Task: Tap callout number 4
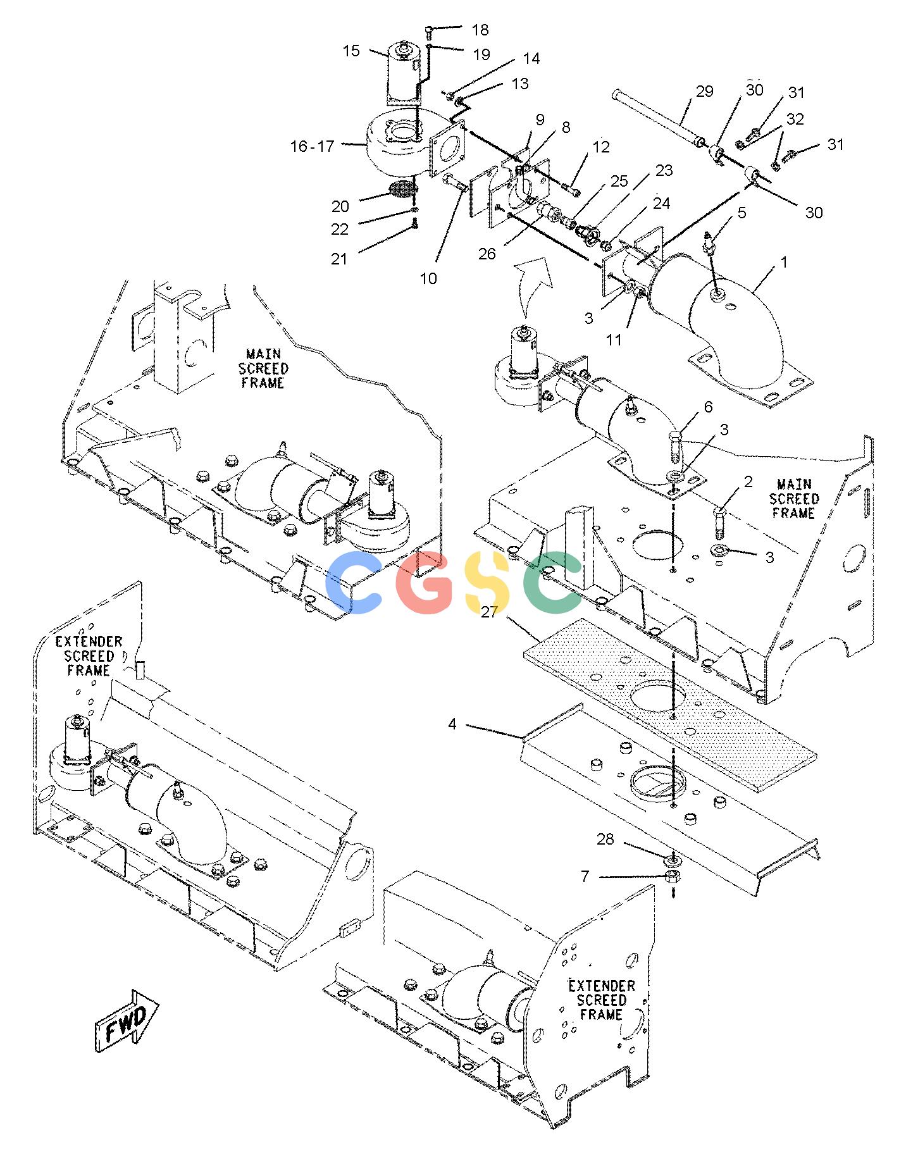click(x=452, y=724)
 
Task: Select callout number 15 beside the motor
click(x=351, y=51)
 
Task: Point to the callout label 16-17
click(x=312, y=146)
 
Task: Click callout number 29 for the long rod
click(x=704, y=92)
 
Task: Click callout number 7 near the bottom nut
click(x=585, y=876)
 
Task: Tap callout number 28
click(x=605, y=840)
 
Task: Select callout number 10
click(x=428, y=278)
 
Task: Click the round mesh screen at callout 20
click(x=404, y=189)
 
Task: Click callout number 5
click(x=742, y=213)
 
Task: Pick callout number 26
click(x=487, y=254)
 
